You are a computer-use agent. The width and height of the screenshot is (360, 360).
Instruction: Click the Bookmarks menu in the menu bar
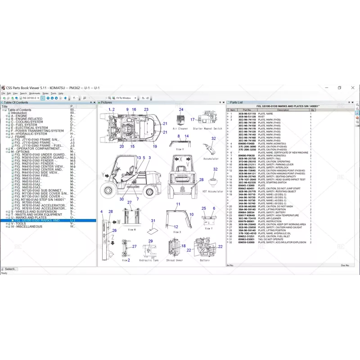pos(35,93)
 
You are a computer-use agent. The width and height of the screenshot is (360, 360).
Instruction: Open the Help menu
pos(61,93)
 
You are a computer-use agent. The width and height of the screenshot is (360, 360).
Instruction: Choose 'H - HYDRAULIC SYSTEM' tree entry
pos(29,134)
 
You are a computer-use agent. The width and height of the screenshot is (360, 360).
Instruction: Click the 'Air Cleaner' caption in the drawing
pos(180,128)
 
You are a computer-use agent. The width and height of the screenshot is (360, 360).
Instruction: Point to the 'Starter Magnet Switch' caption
pos(207,128)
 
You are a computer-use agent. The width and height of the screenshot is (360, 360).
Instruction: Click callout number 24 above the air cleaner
pos(181,109)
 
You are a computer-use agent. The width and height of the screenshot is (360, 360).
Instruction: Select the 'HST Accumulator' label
pos(212,191)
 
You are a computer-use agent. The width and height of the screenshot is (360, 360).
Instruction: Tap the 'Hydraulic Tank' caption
pos(148,260)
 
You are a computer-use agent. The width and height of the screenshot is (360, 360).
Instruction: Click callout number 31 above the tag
pos(153,220)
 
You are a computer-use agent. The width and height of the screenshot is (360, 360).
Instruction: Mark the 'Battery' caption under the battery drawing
pos(205,260)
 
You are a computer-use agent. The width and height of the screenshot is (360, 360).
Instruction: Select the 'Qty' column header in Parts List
pos(312,109)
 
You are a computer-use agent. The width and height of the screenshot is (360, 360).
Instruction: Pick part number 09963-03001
pos(246,239)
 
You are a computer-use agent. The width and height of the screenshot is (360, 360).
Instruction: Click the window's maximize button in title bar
pos(339,88)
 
